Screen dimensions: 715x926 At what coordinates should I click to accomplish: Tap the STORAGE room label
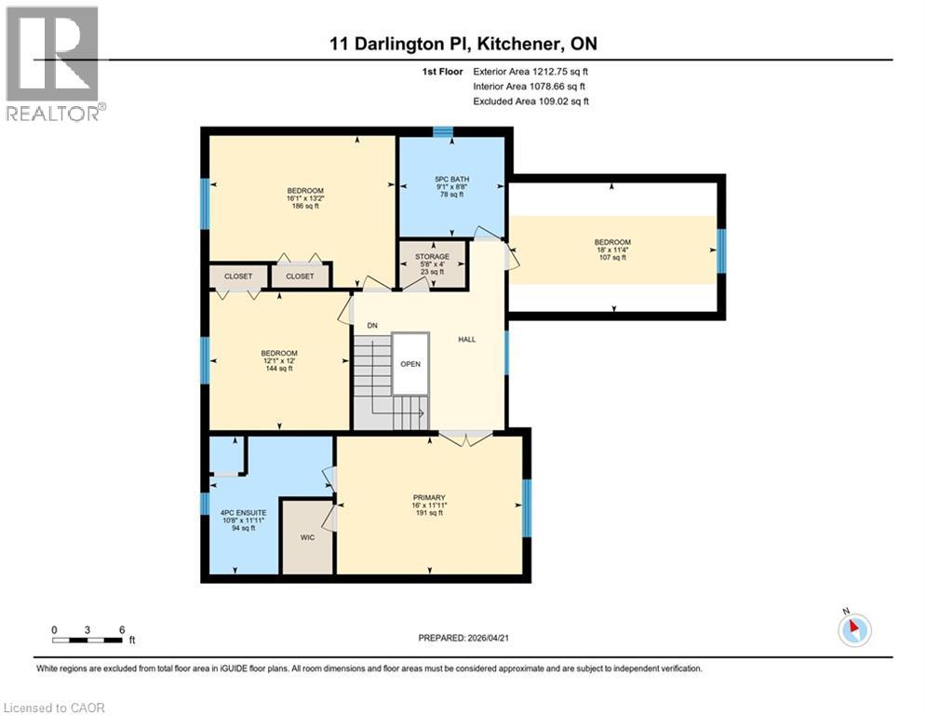coord(433,256)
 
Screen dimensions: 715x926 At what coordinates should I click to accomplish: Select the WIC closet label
coord(307,537)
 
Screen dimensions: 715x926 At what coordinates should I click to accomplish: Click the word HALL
coord(466,339)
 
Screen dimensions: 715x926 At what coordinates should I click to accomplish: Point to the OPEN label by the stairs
coord(410,364)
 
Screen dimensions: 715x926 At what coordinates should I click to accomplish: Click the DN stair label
coord(371,325)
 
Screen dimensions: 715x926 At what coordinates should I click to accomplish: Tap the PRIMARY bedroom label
coord(429,497)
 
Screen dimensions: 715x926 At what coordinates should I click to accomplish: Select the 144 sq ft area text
coord(278,369)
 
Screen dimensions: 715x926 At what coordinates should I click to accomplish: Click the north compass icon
coord(854,629)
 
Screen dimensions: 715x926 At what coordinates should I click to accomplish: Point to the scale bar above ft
coord(87,640)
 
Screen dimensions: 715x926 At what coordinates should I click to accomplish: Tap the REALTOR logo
coord(53,63)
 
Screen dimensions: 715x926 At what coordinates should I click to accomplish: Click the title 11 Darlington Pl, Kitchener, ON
coord(463,43)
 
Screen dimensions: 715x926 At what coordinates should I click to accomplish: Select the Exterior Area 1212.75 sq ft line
coord(530,71)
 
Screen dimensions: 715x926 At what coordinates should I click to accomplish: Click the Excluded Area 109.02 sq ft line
coord(530,101)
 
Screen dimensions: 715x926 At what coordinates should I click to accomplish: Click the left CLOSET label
coord(237,277)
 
